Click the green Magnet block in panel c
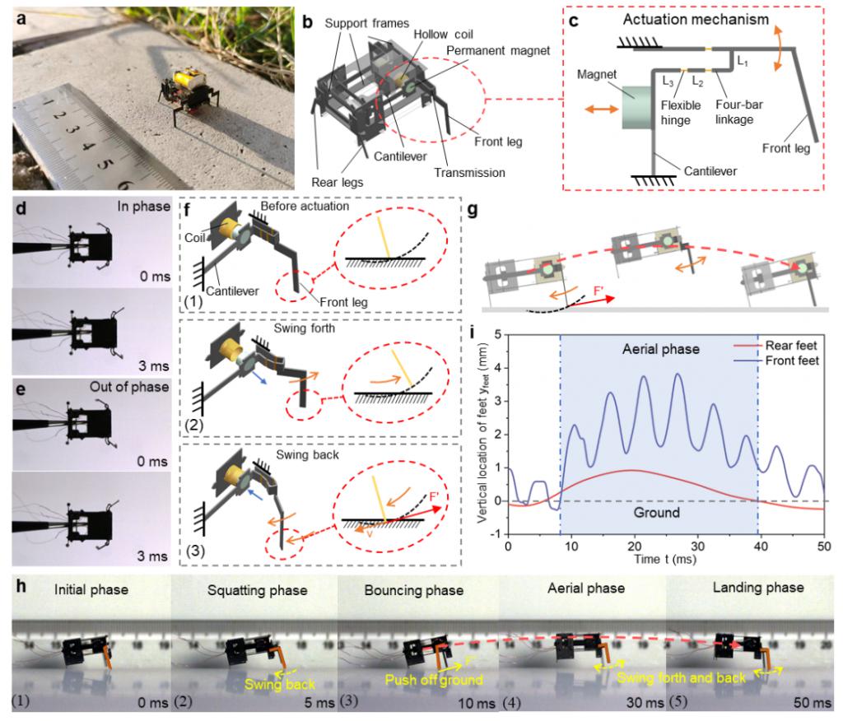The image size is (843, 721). click(636, 108)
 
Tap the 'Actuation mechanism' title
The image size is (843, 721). click(696, 20)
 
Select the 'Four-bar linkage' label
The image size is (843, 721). click(738, 112)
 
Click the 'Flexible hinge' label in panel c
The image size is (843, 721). click(680, 113)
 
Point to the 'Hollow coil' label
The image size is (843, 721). click(443, 35)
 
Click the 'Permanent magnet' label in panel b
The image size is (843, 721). click(498, 50)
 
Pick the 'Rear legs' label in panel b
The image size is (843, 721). click(337, 182)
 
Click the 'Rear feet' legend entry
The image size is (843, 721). click(790, 346)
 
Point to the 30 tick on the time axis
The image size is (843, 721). click(697, 547)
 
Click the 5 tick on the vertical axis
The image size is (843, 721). click(497, 334)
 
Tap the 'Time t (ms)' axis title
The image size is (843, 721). click(664, 559)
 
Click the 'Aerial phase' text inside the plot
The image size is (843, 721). click(661, 350)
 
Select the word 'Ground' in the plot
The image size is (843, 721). click(656, 512)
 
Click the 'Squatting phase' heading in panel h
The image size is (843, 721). click(257, 590)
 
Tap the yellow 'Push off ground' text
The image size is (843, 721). click(433, 680)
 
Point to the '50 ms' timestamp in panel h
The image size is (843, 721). click(812, 703)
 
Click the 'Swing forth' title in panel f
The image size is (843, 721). click(304, 328)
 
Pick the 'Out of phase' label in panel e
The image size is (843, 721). click(129, 387)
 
